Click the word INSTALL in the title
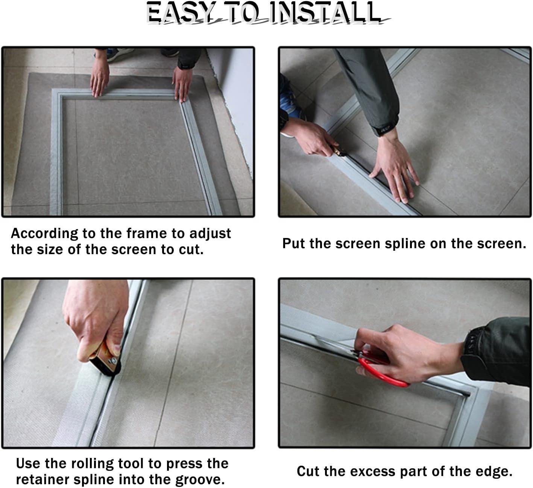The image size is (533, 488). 325,12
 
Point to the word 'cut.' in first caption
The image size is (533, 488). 191,250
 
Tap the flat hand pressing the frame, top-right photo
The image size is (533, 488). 395,169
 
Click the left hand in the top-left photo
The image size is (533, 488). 100,77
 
